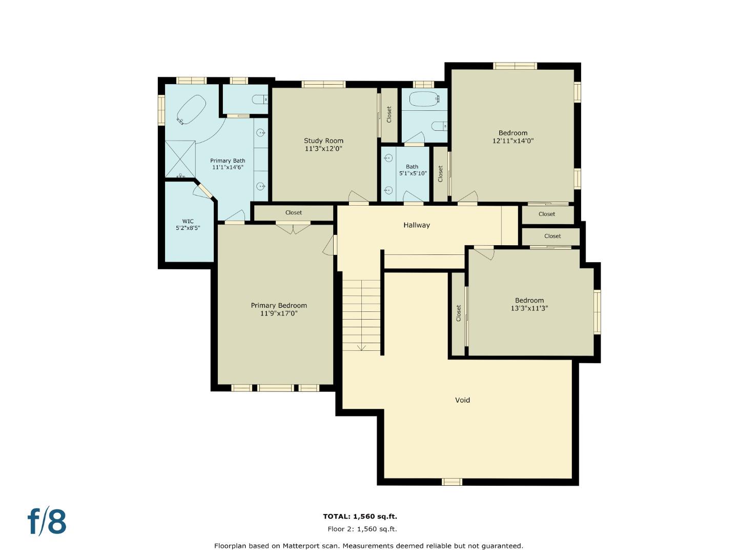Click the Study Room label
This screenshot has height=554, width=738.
pyautogui.click(x=323, y=141)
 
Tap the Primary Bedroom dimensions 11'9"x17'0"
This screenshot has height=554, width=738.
pyautogui.click(x=279, y=313)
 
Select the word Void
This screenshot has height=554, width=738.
pyautogui.click(x=462, y=400)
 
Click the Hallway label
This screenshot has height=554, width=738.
pyautogui.click(x=416, y=225)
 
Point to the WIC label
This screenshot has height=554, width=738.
pyautogui.click(x=188, y=222)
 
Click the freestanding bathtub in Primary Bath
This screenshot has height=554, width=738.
pyautogui.click(x=191, y=109)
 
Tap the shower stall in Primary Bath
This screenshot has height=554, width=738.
pyautogui.click(x=180, y=159)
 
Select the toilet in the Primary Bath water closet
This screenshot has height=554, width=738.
pyautogui.click(x=260, y=100)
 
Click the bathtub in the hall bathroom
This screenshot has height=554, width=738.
pyautogui.click(x=424, y=98)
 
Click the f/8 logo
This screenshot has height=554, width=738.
pyautogui.click(x=47, y=522)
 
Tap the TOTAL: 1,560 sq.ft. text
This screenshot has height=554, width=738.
pyautogui.click(x=360, y=517)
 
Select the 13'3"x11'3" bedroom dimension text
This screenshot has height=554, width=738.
pyautogui.click(x=529, y=308)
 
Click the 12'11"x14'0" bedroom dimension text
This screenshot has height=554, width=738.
pyautogui.click(x=513, y=141)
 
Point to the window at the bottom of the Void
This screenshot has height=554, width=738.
pyautogui.click(x=452, y=482)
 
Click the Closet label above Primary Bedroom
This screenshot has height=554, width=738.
pyautogui.click(x=294, y=212)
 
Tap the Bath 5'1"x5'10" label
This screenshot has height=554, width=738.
pyautogui.click(x=413, y=170)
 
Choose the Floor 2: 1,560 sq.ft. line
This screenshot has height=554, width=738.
pyautogui.click(x=362, y=529)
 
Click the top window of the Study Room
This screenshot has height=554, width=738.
pyautogui.click(x=323, y=84)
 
